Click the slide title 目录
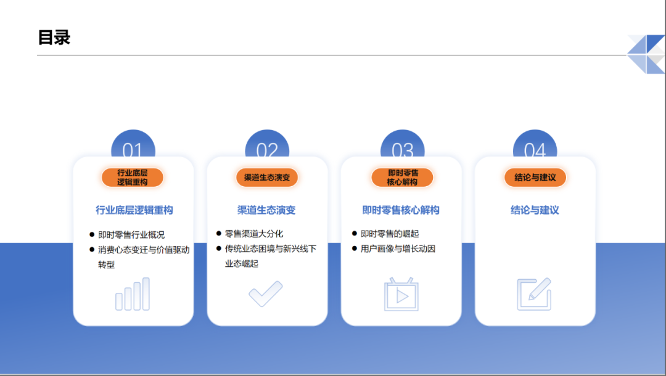click(x=54, y=38)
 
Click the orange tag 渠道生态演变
click(x=267, y=178)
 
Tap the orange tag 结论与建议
click(x=535, y=178)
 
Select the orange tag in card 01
click(x=133, y=178)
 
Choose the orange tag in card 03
click(x=402, y=178)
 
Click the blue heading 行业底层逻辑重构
click(x=134, y=210)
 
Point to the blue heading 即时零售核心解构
click(x=401, y=210)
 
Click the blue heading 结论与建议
click(x=535, y=210)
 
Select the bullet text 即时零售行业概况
click(x=131, y=235)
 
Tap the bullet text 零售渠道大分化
click(x=254, y=234)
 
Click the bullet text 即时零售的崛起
click(x=390, y=234)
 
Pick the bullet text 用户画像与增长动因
click(x=398, y=249)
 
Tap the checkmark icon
click(x=266, y=294)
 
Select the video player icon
click(x=401, y=294)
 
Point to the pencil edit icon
click(x=534, y=294)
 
